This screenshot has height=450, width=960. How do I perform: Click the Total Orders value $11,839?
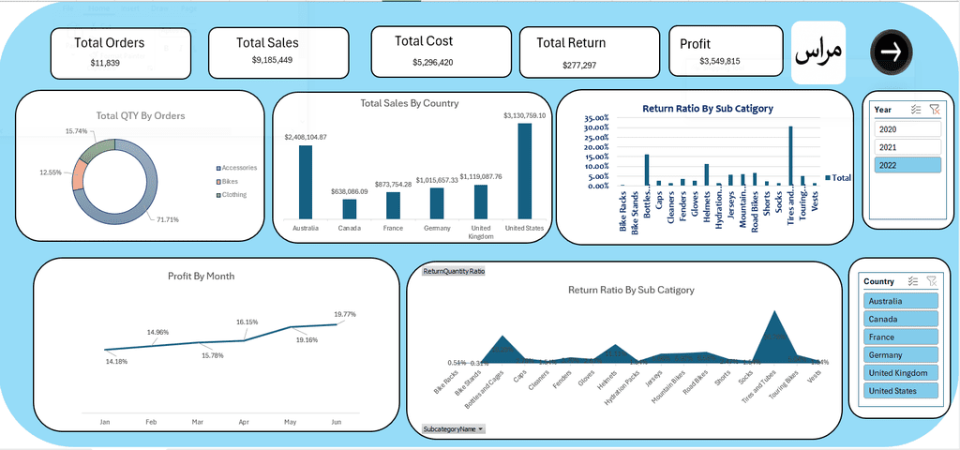(x=105, y=63)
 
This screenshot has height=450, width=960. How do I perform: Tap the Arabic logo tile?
(x=818, y=52)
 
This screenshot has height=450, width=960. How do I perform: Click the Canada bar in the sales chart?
(x=349, y=208)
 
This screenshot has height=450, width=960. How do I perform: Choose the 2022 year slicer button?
(x=907, y=165)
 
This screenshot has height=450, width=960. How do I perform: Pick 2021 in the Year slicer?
(x=907, y=147)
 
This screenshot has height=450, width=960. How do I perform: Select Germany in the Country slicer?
(x=899, y=355)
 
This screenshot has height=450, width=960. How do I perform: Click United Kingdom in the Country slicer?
(x=899, y=373)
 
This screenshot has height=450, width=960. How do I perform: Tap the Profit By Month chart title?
(x=201, y=276)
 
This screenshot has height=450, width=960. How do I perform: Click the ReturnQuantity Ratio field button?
(x=454, y=271)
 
